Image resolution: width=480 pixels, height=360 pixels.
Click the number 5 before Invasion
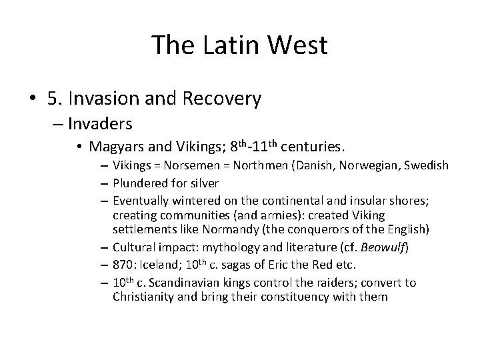(53, 99)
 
